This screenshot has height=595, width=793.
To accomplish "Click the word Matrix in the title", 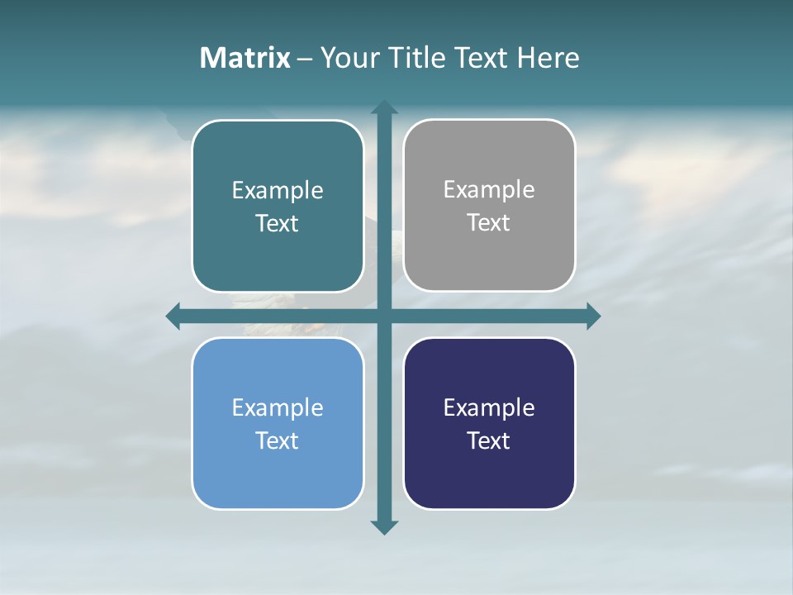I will coord(245,58).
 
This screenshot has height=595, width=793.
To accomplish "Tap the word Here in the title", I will coord(548,58).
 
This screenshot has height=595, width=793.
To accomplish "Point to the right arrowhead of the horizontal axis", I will coord(593,316).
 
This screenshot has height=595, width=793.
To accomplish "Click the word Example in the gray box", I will coord(489,190).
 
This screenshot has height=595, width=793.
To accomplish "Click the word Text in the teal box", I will coord(278,224).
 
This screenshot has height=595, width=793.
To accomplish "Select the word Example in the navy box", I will coord(489,407).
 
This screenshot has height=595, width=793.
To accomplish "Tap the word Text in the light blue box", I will coord(278,440).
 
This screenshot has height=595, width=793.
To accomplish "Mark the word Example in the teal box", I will coord(278,191).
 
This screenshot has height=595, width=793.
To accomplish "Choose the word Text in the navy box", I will coord(489,440).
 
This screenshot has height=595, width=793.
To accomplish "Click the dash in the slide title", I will coord(305,59).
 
